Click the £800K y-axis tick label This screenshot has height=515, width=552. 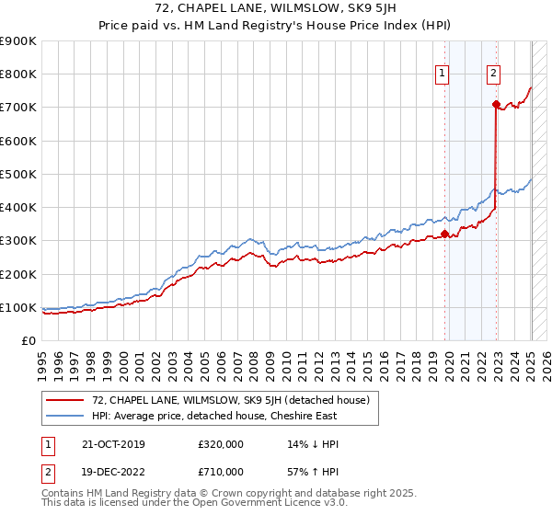tap(18, 74)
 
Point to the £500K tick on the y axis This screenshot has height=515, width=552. tap(18, 174)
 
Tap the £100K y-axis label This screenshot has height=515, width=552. tap(18, 307)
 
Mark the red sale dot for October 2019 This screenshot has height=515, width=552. tap(444, 234)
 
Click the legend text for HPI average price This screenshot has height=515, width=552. tap(214, 416)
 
